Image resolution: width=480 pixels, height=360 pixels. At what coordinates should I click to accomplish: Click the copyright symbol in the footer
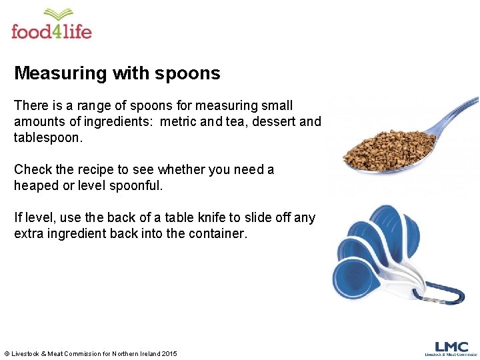(x=7, y=353)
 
